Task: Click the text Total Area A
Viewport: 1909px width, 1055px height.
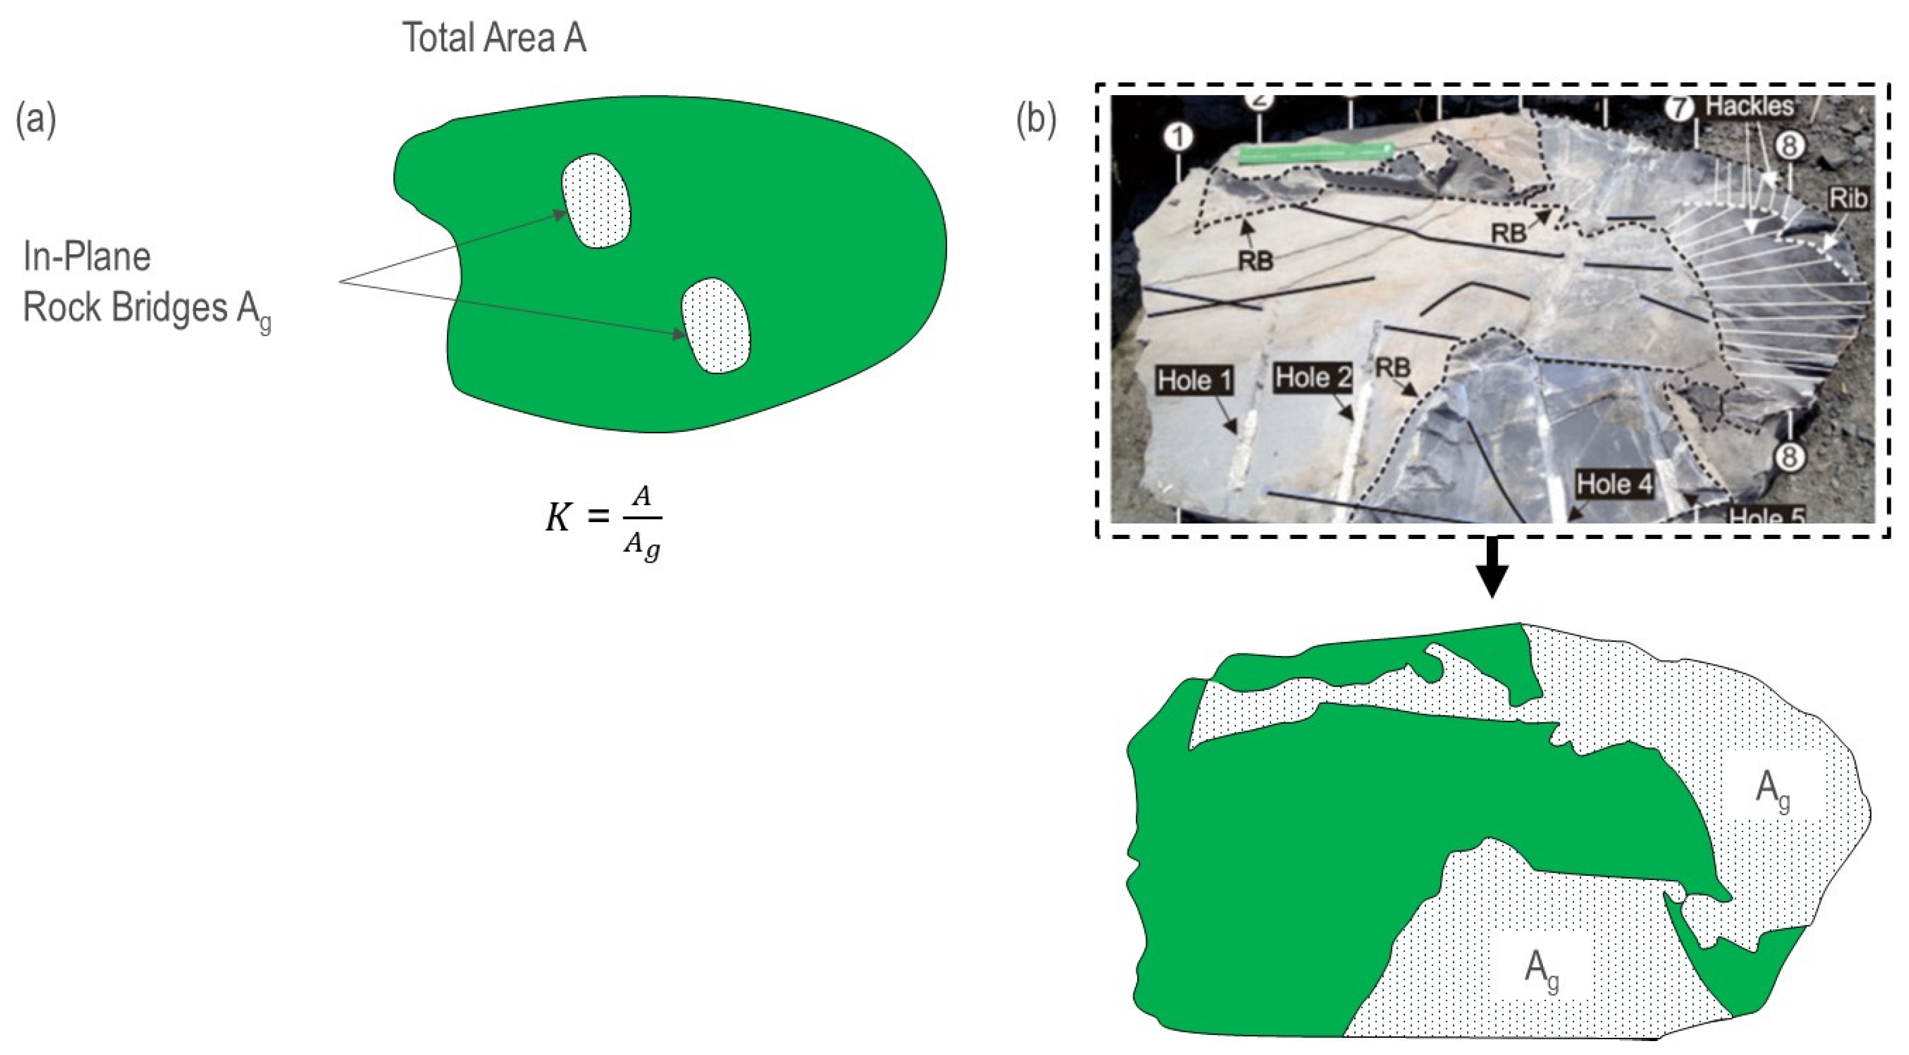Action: (x=494, y=38)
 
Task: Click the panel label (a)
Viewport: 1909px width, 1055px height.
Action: (x=36, y=121)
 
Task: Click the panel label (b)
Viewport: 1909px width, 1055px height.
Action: (x=1036, y=121)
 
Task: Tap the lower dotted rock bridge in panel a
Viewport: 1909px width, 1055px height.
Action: (x=716, y=326)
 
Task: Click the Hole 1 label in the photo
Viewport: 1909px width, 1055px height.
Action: (x=1195, y=381)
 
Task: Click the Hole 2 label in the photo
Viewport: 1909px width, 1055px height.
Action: (x=1312, y=378)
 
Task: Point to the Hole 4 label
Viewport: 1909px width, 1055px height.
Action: (x=1614, y=485)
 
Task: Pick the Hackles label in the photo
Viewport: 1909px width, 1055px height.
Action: (x=1750, y=107)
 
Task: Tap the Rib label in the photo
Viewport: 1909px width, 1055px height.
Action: (x=1847, y=199)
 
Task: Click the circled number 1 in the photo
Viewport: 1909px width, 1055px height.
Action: (x=1178, y=138)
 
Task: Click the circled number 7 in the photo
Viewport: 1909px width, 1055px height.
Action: (x=1679, y=109)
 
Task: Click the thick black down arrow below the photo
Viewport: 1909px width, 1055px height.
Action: (x=1492, y=567)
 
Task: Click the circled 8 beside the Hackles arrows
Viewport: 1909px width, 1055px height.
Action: (x=1789, y=146)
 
